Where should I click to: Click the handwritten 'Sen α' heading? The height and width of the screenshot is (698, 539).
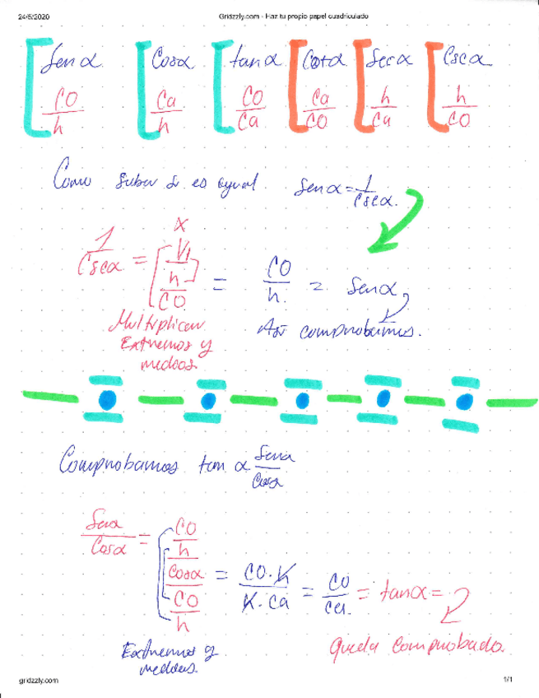point(74,60)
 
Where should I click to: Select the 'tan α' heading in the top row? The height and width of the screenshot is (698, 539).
point(255,59)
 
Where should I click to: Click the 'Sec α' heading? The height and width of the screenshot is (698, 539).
point(391,60)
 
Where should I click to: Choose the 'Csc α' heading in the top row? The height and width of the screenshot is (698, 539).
point(467,60)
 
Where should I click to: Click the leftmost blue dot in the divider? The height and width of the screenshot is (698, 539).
point(105,399)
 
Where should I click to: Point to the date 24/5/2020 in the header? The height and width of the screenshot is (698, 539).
point(34,16)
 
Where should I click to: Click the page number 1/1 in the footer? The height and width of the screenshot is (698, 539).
point(507,680)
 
